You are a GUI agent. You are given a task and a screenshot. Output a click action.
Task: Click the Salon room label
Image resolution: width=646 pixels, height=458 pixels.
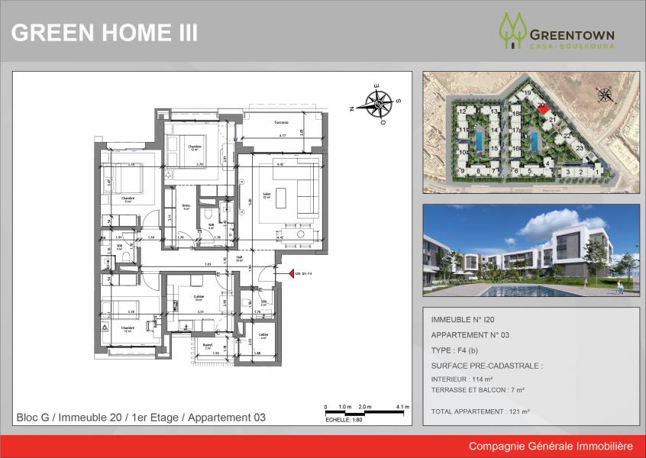(267, 194)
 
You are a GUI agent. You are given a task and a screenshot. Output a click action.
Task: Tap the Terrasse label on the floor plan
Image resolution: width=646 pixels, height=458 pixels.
(263, 121)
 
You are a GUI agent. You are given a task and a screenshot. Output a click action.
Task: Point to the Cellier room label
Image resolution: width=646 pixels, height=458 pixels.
(263, 334)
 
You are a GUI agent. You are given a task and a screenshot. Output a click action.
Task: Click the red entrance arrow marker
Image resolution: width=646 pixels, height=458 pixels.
(291, 274)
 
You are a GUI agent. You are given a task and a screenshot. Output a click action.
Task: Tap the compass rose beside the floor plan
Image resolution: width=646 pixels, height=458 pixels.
(378, 103)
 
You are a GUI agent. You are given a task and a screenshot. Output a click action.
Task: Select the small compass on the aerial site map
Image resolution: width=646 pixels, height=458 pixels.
(605, 95)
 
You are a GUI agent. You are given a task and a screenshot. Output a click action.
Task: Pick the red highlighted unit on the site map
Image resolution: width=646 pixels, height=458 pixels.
(542, 108)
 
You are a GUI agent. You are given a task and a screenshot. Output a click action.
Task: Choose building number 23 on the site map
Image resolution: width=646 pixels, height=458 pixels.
(580, 147)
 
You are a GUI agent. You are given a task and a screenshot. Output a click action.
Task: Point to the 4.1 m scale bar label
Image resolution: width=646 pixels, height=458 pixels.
(403, 407)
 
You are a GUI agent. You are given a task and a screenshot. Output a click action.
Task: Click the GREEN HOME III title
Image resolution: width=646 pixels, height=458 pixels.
(105, 33)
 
